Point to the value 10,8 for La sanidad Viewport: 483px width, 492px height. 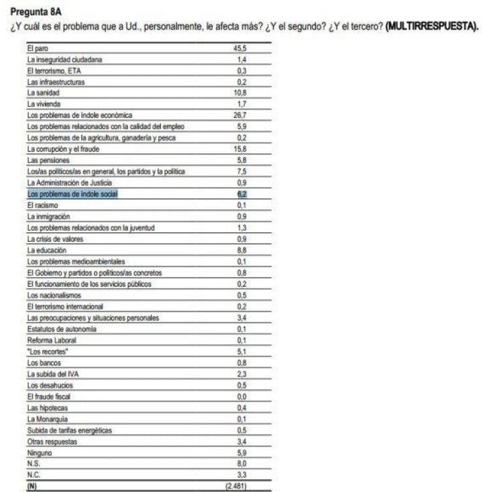pos(241,93)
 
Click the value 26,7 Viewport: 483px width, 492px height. pos(241,115)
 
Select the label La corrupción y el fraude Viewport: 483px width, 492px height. pos(63,149)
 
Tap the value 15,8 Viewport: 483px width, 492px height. pos(241,149)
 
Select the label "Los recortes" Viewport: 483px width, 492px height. pos(48,352)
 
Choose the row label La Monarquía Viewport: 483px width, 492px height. pos(47,420)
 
